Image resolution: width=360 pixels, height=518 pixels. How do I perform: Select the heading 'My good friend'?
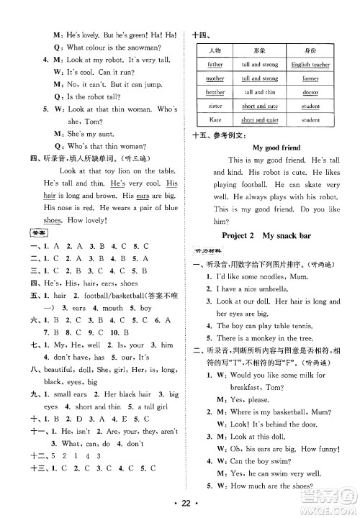click(275, 147)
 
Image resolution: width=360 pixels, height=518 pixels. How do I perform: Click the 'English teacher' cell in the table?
click(310, 65)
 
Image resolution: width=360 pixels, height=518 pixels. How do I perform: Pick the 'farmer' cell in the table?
click(310, 78)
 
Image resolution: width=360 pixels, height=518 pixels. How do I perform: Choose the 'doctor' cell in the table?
click(310, 92)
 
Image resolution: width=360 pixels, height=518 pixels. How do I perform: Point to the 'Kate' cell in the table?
click(215, 119)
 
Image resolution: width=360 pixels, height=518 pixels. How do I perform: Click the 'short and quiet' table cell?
click(259, 119)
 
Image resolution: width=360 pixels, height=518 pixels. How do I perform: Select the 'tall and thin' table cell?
click(259, 92)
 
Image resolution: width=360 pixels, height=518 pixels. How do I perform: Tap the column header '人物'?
click(215, 51)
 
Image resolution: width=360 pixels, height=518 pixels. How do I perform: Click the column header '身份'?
click(310, 51)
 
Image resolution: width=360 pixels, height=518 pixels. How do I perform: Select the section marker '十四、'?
click(201, 34)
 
